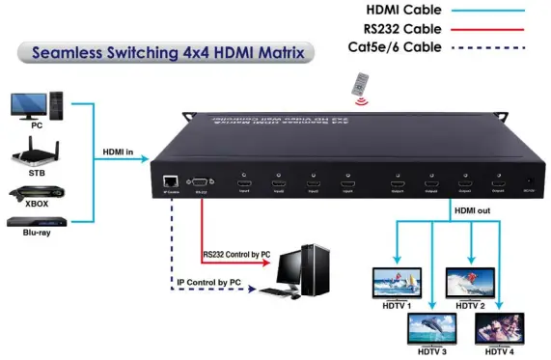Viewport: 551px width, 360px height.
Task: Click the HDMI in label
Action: (123, 151)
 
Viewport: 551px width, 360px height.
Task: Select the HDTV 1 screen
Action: (395, 281)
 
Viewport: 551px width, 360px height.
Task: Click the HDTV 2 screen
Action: (470, 281)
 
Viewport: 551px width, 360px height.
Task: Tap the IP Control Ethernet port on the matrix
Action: (171, 181)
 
